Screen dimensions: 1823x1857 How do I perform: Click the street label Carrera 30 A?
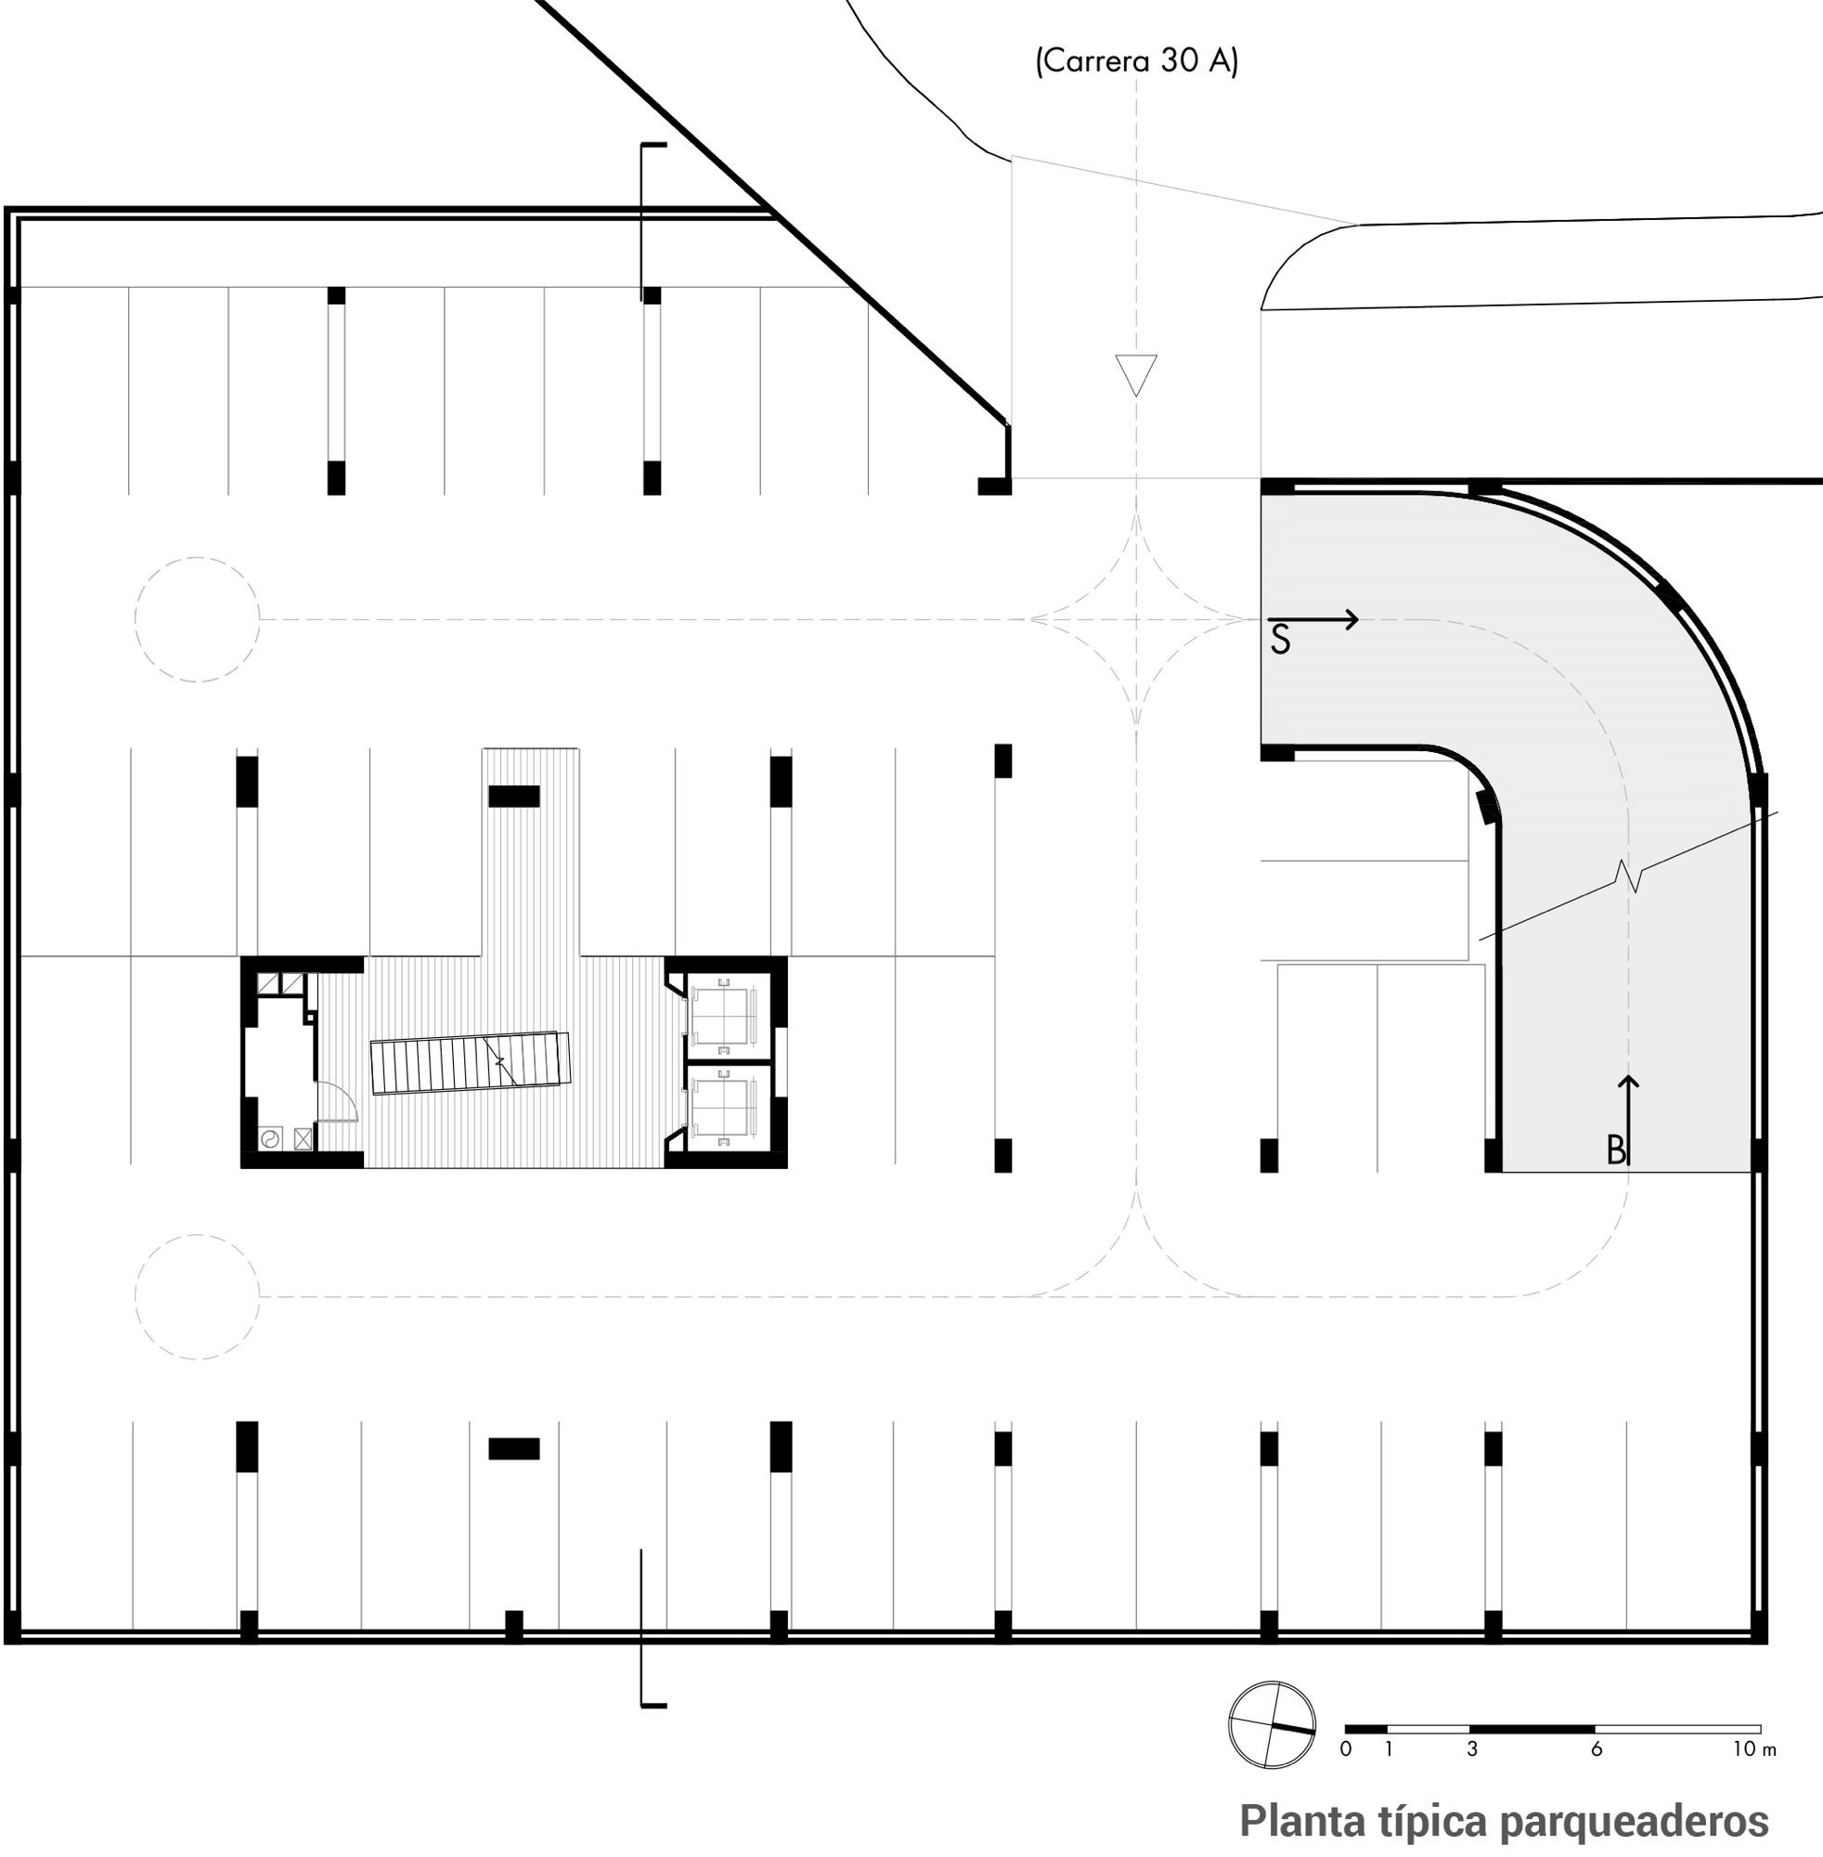click(x=1136, y=61)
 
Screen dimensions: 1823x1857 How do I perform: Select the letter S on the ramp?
click(x=1280, y=641)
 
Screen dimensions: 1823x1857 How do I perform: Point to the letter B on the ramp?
click(x=1616, y=1150)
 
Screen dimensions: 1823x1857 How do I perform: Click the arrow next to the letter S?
click(x=1312, y=619)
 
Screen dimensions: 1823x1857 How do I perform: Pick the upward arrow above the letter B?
click(x=1628, y=1121)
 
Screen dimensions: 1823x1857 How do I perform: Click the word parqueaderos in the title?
click(x=1635, y=1822)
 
